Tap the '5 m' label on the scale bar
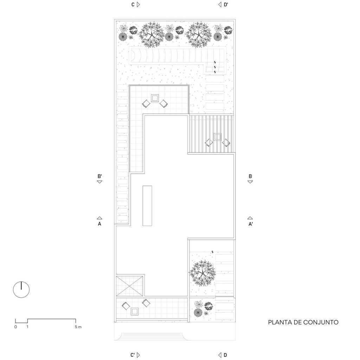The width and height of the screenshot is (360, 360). coord(78,327)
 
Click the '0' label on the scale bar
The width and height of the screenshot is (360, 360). coord(15,327)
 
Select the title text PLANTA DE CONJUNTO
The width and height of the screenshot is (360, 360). coord(303,322)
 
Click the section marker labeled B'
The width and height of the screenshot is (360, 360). coord(99,179)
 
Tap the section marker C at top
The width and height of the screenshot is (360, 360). coord(135,5)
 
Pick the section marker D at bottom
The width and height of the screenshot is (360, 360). coord(223,355)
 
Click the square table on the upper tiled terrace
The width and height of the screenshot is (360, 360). coord(155,98)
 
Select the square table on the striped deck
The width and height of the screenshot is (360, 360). coord(217,137)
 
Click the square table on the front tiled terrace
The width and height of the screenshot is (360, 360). coord(135,311)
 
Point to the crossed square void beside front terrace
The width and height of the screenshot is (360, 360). coord(129,286)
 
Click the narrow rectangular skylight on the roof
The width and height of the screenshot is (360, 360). coord(147,206)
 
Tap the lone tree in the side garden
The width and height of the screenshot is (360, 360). coord(202,273)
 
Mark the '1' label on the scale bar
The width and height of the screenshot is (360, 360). coord(27,327)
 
